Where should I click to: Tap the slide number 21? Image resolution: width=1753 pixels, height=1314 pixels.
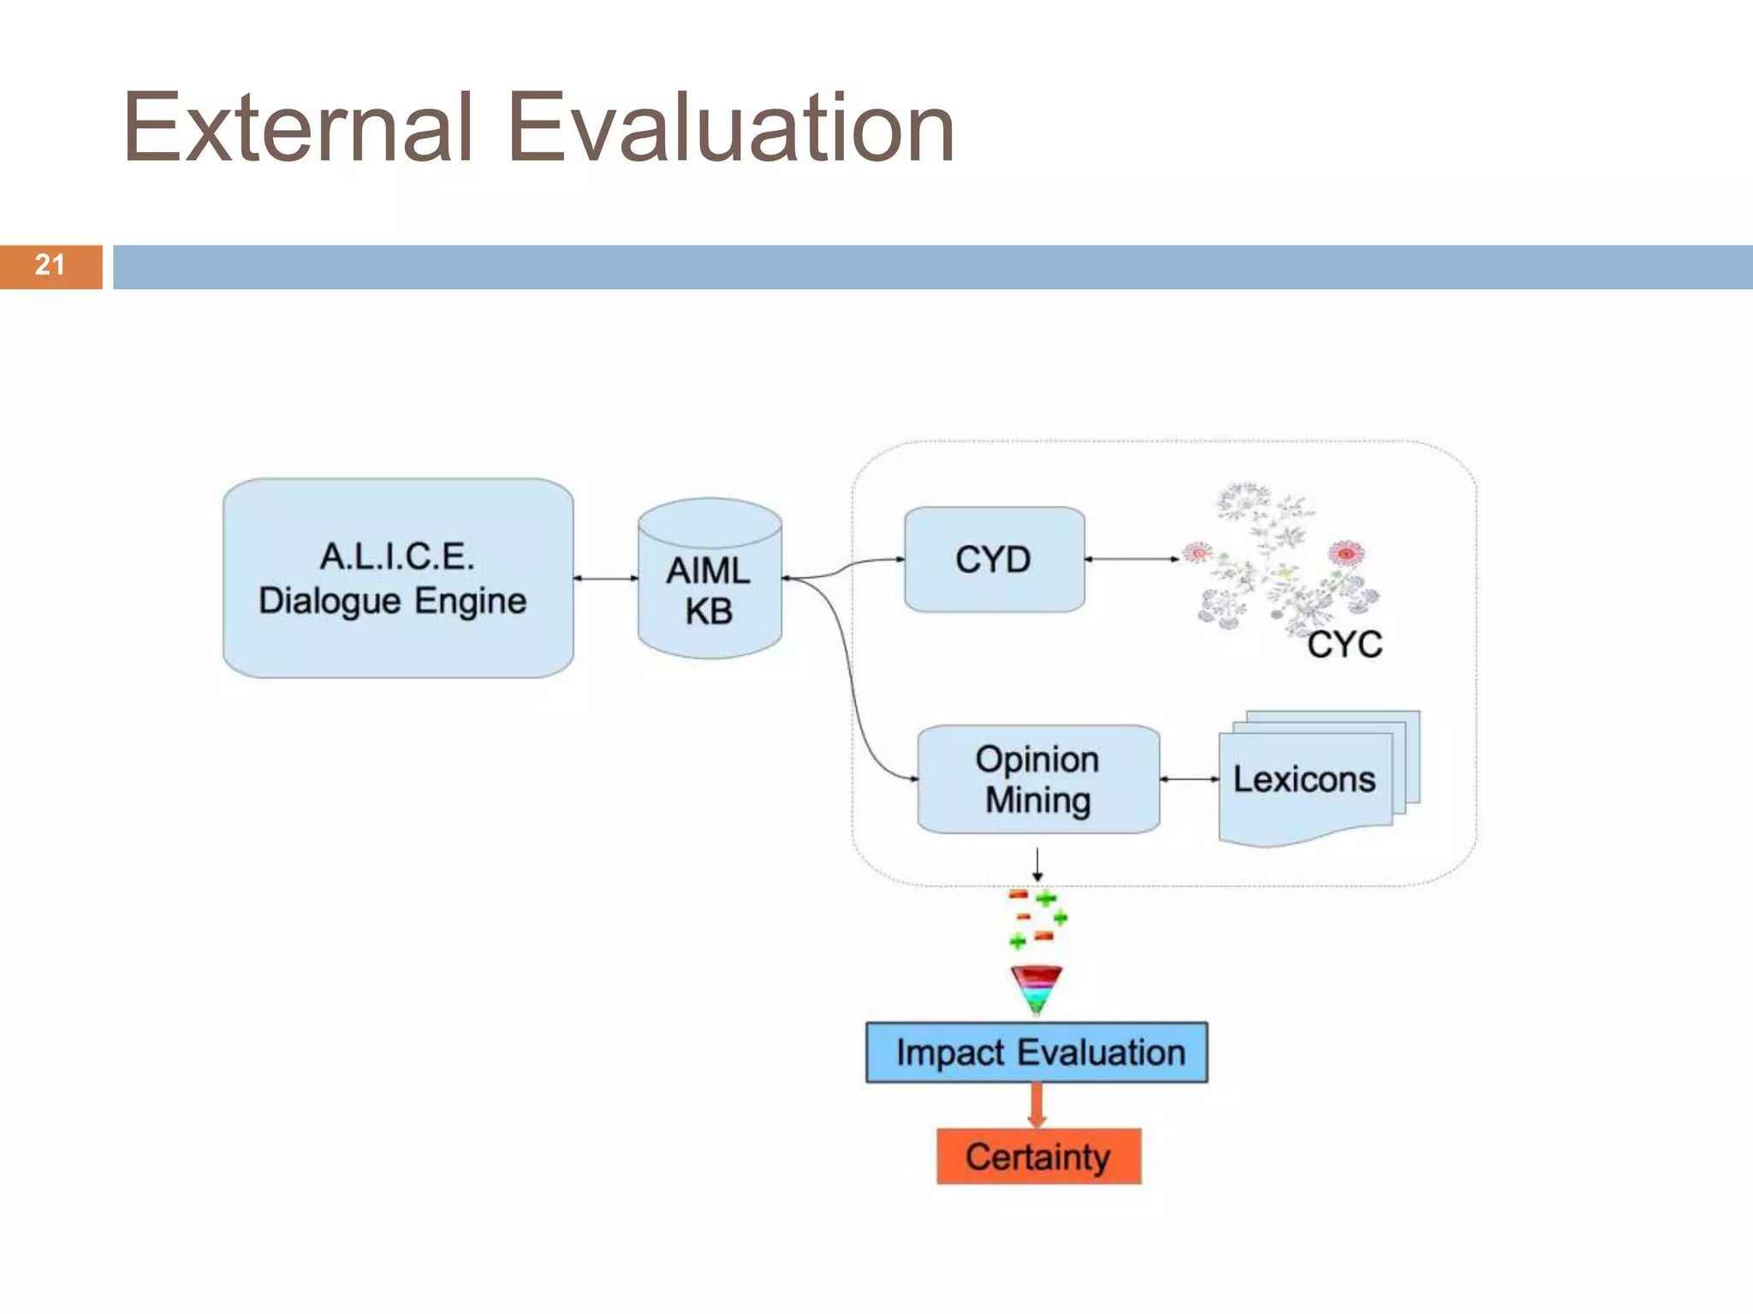coord(50,265)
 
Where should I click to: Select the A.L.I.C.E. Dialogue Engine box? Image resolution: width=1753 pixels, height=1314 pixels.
coord(398,578)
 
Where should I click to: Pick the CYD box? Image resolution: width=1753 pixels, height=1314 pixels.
coord(994,559)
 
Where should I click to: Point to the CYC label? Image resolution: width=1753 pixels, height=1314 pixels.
coord(1344,645)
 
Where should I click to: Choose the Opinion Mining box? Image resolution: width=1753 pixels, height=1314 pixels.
coord(1037,779)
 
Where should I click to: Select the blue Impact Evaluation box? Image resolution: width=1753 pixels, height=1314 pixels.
coord(1037,1052)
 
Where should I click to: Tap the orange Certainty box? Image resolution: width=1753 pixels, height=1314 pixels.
coord(1038,1157)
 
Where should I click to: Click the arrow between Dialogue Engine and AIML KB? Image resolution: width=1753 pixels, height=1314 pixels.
coord(606,578)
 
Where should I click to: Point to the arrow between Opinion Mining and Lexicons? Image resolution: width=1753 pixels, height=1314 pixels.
coord(1190,779)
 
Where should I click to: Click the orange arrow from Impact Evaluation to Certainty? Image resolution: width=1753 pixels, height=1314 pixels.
coord(1037,1105)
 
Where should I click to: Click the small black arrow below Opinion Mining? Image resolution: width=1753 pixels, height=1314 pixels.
coord(1037,864)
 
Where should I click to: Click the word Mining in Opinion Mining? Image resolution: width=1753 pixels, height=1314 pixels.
coord(1037,801)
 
